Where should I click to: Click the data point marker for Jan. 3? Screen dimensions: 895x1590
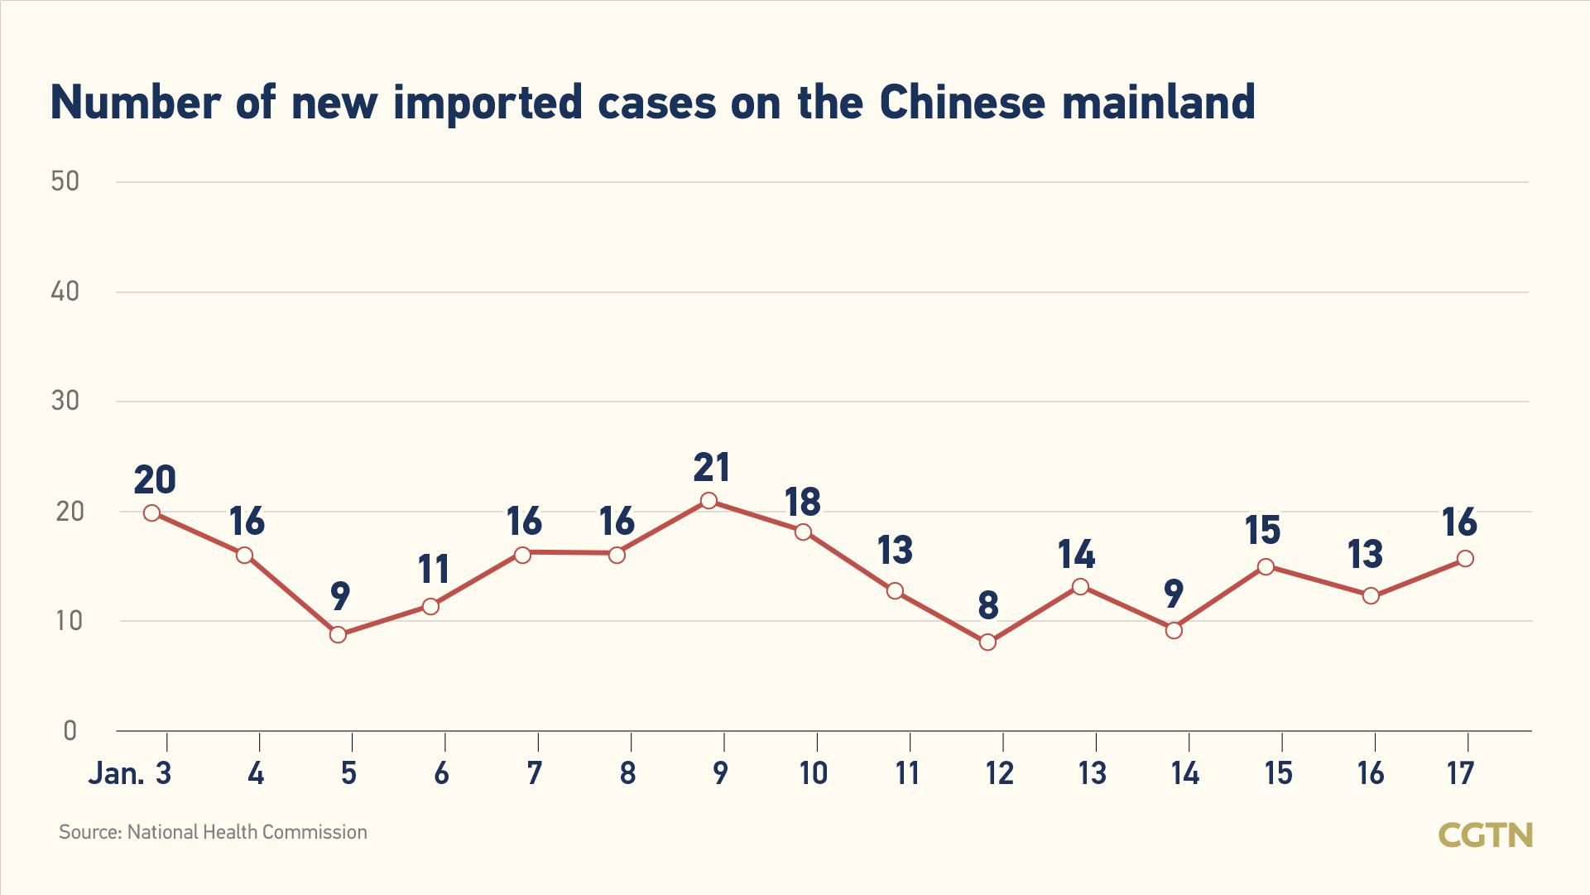151,513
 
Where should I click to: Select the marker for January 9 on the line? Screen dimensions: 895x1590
709,501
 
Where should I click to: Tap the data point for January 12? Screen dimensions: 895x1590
987,642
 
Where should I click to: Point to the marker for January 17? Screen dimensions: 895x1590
1465,559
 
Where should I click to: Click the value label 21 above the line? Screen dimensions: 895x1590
712,468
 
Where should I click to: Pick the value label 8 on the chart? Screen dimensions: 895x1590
988,606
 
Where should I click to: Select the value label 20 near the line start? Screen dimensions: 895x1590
155,480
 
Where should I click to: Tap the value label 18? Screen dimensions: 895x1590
802,502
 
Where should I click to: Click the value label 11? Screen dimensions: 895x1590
434,570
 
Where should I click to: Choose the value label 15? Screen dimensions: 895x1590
1263,531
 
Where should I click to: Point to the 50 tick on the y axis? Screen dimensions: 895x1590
65,181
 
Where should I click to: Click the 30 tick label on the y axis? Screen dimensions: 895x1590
65,402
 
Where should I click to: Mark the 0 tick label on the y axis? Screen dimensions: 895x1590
70,730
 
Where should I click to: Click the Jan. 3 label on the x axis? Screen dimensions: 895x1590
130,773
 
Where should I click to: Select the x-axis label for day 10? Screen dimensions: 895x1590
813,773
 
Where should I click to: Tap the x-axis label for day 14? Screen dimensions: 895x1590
1184,773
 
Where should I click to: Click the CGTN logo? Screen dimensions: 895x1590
1486,835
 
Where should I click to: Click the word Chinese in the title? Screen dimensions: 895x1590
963,103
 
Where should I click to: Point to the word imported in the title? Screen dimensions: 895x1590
488,103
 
